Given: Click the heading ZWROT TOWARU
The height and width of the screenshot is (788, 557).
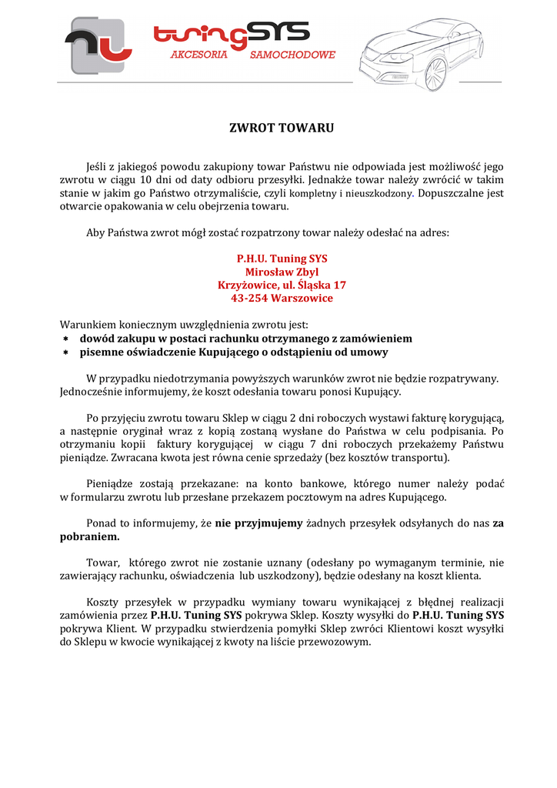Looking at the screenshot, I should click(x=282, y=128).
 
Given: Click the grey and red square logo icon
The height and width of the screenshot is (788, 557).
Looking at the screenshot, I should click(x=96, y=45).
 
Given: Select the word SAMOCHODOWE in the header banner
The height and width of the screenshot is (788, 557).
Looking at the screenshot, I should click(x=292, y=55).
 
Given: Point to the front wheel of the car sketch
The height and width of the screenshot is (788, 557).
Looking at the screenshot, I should click(x=436, y=70).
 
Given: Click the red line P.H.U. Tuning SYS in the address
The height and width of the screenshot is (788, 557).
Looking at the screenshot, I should click(x=282, y=259).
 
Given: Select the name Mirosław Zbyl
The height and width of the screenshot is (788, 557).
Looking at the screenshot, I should click(x=282, y=272).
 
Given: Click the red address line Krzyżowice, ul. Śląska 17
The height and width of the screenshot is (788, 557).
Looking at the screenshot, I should click(x=282, y=285).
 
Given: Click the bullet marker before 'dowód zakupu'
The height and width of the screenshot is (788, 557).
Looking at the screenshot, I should click(x=65, y=339).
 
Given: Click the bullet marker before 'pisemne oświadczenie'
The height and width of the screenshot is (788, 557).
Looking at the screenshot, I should click(x=65, y=352).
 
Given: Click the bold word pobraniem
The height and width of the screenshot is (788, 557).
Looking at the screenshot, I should click(x=89, y=536).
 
